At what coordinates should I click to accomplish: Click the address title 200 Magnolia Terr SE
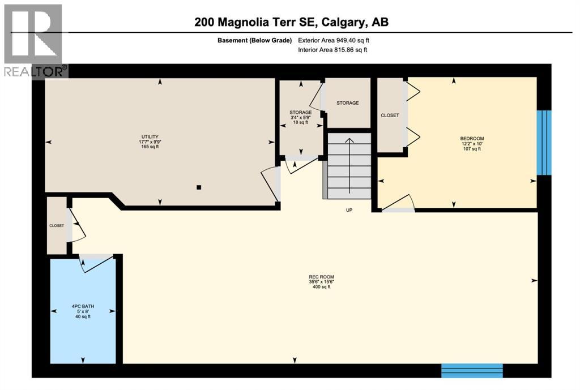(291, 22)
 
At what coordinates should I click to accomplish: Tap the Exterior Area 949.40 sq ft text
(336, 40)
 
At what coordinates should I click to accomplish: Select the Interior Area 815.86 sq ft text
(332, 50)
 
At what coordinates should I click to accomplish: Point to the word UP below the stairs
(349, 211)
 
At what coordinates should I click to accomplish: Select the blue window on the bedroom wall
(544, 142)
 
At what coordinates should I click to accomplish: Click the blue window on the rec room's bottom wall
(472, 370)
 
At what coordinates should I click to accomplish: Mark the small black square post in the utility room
(198, 187)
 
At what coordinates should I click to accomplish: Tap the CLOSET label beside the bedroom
(390, 115)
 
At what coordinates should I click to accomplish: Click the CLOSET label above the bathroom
(57, 225)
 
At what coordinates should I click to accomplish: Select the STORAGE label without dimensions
(347, 103)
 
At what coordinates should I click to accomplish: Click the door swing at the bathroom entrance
(91, 264)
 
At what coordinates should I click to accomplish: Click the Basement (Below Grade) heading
(254, 40)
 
